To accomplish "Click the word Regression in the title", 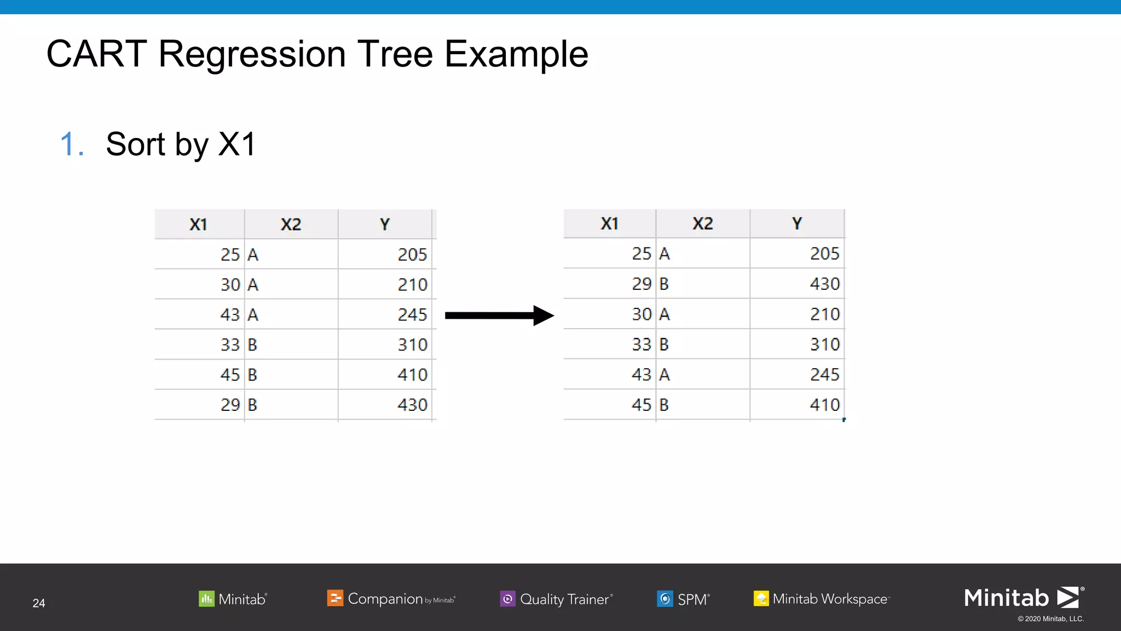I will (252, 54).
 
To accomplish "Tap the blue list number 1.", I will (70, 145).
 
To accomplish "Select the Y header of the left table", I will (385, 225).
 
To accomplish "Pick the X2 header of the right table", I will (703, 223).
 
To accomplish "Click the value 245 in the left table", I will (412, 315).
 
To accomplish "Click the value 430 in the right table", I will (824, 284).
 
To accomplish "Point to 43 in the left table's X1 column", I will (230, 315).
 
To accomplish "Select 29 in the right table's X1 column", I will (642, 284).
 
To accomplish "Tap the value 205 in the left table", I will (412, 255).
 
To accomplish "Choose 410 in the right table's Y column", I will (824, 405).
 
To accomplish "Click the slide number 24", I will (39, 603).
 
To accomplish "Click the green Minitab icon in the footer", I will (206, 598).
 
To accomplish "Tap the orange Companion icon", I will (335, 598).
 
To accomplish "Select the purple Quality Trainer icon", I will (507, 599).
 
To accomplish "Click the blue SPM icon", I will (664, 599).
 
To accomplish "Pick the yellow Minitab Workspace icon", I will (761, 599).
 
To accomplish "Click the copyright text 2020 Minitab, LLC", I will (1050, 619).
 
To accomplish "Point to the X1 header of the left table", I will (198, 225).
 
